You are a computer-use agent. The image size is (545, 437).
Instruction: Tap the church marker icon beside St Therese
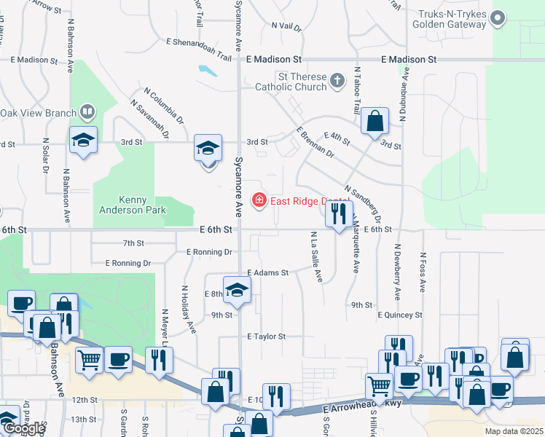click(x=337, y=80)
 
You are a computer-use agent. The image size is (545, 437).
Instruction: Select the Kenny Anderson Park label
click(x=133, y=205)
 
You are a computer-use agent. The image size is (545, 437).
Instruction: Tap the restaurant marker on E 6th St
click(x=337, y=214)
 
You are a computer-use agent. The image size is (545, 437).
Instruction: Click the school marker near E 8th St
click(x=237, y=291)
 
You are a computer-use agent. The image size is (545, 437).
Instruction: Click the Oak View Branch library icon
click(x=87, y=112)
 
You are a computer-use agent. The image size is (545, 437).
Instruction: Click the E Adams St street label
click(x=267, y=272)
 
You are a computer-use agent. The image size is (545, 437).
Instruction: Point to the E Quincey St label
click(x=400, y=315)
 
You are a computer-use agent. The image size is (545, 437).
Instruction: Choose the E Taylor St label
click(x=266, y=336)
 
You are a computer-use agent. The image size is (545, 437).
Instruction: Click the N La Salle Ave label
click(x=316, y=256)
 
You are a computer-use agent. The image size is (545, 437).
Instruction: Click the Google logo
click(x=25, y=428)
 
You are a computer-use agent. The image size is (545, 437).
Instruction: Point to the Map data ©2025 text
click(x=514, y=431)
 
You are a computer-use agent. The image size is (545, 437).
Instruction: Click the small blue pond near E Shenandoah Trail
click(x=208, y=71)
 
